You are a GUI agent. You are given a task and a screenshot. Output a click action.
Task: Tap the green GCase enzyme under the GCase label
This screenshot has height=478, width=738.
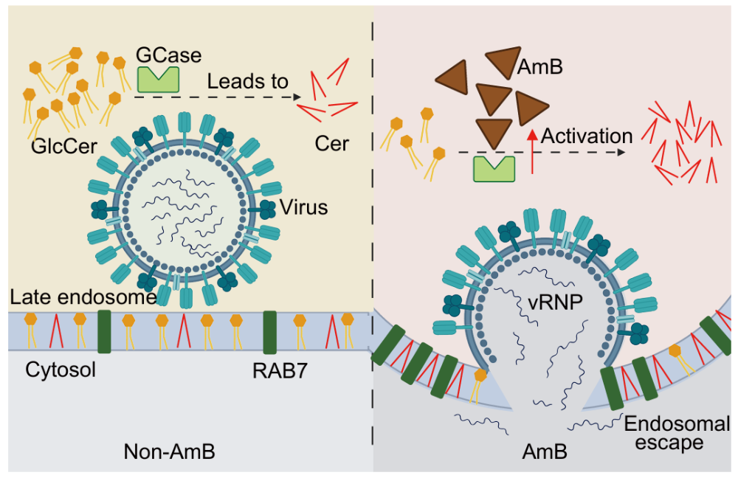tap(158, 79)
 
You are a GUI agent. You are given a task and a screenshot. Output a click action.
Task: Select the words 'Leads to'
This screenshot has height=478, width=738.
tap(247, 81)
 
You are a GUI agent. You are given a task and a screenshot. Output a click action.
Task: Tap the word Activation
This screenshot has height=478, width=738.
tap(587, 136)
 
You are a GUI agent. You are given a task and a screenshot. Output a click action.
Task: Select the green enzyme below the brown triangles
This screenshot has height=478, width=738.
tap(494, 167)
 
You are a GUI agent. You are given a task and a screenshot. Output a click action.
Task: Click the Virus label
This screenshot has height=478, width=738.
tap(303, 207)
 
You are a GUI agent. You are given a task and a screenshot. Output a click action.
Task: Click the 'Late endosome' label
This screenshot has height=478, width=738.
tap(83, 297)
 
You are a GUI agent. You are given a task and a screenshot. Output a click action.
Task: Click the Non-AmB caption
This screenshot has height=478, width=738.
tap(170, 451)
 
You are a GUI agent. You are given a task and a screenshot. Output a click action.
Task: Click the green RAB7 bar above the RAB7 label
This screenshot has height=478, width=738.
tap(269, 331)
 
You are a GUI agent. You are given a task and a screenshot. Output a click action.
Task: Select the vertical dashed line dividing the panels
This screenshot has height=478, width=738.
tap(372, 221)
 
